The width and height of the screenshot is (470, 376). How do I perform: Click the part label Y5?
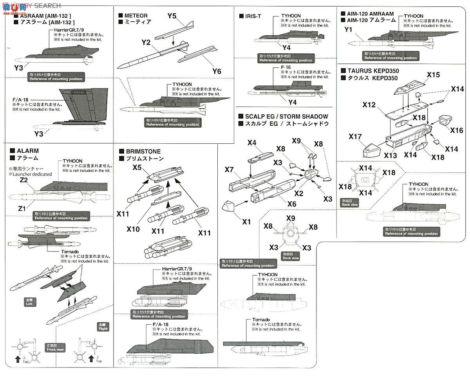[x=172, y=16]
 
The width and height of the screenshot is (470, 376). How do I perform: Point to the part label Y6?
[x=217, y=71]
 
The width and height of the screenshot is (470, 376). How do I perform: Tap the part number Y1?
[x=349, y=29]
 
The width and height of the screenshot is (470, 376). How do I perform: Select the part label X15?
[x=433, y=74]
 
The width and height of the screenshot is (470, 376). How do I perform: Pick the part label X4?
[x=252, y=143]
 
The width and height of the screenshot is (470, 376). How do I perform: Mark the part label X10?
[x=133, y=229]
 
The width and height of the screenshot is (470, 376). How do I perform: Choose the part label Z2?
[x=23, y=180]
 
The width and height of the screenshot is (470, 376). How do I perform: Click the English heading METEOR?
[x=136, y=16]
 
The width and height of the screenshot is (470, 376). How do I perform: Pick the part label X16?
[x=457, y=130]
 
